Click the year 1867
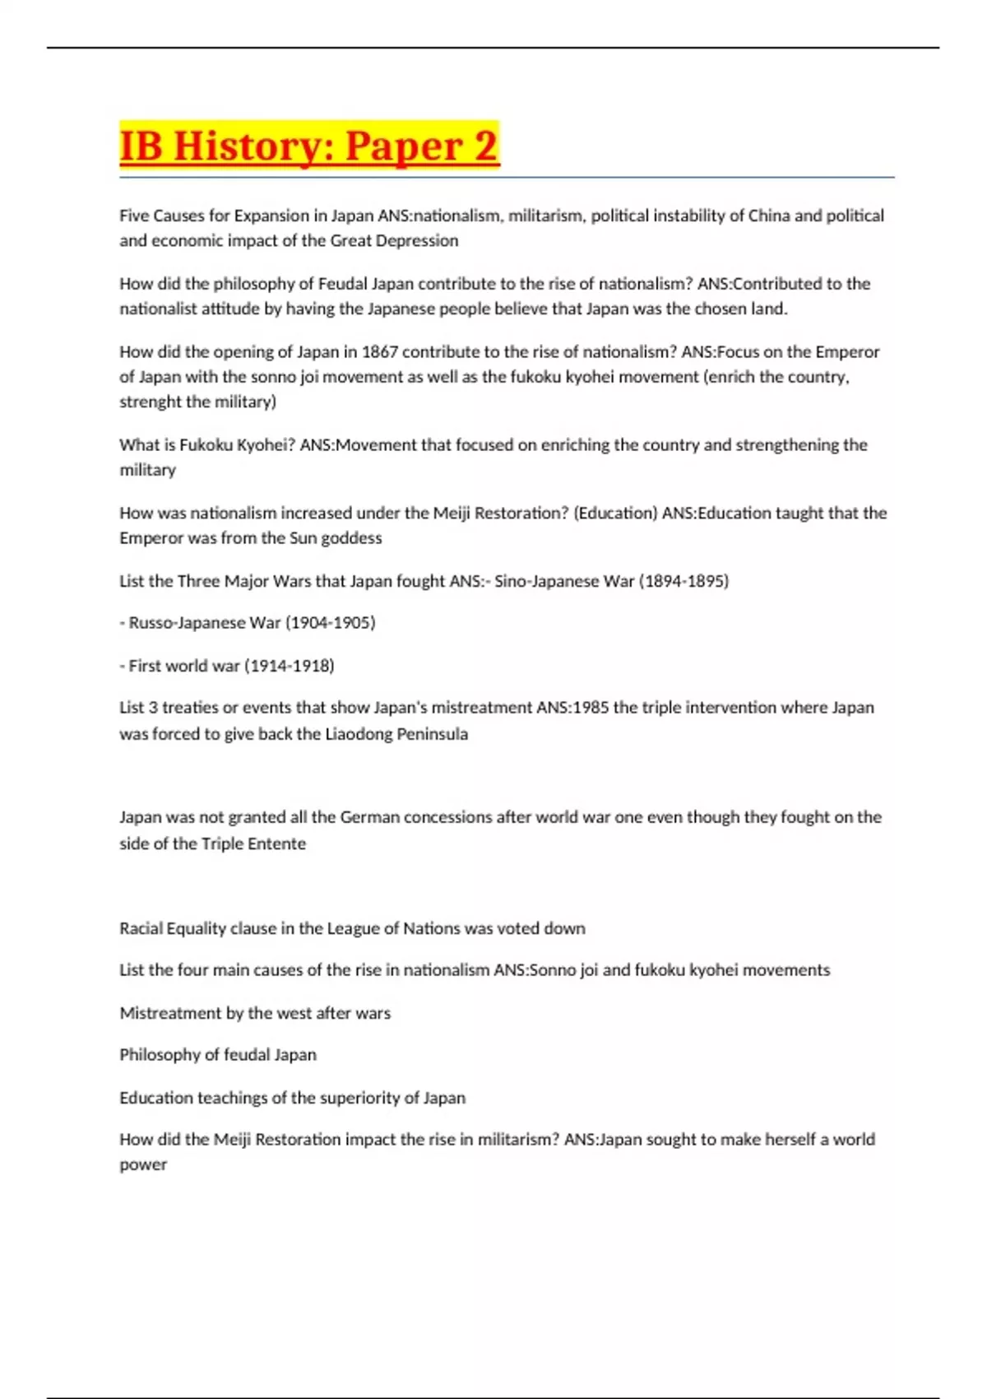380,351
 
